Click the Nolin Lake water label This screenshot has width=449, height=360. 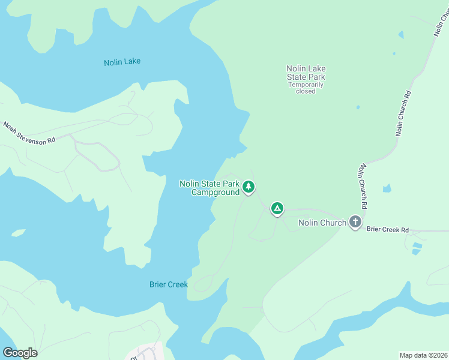[x=122, y=62]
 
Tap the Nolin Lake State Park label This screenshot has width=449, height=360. [x=306, y=73]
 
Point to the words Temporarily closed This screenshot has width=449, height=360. [x=306, y=88]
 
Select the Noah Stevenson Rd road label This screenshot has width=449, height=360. [x=29, y=132]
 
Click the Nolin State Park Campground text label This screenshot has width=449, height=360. [x=209, y=188]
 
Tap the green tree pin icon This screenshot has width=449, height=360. [x=249, y=187]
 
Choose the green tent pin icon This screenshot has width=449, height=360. [x=277, y=208]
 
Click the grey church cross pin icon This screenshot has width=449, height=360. [x=355, y=222]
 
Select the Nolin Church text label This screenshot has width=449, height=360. [x=322, y=223]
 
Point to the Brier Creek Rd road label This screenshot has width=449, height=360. [x=387, y=230]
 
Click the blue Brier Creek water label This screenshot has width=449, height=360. [x=169, y=284]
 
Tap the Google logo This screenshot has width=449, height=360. [x=20, y=353]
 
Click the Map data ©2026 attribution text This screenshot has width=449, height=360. [x=423, y=355]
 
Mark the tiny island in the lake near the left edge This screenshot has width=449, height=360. [x=18, y=232]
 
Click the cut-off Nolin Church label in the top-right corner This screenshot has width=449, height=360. [x=440, y=24]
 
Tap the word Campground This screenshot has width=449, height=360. [x=215, y=193]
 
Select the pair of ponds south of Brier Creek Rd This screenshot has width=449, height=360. [x=416, y=248]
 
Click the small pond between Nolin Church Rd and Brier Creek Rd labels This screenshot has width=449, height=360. [x=387, y=188]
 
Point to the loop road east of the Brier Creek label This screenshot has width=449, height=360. [x=204, y=282]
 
